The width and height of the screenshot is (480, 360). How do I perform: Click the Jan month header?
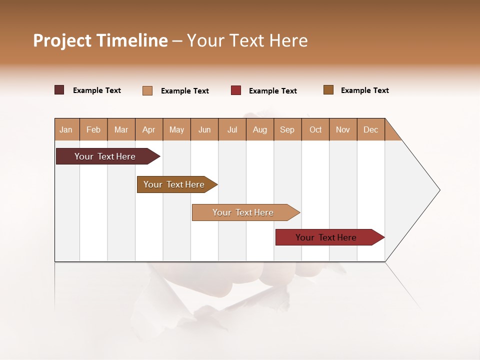[66, 129]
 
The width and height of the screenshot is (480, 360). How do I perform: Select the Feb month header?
[93, 129]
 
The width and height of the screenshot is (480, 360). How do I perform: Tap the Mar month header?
[121, 129]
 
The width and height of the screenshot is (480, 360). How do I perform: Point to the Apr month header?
[149, 129]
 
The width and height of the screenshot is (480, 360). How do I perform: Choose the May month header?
[176, 129]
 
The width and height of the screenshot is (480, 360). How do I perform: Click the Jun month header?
[204, 129]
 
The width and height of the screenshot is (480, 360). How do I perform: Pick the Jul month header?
[232, 129]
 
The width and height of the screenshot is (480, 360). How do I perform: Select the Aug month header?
[260, 129]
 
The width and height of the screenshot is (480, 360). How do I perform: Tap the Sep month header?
[287, 129]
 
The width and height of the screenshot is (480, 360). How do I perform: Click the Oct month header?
[315, 129]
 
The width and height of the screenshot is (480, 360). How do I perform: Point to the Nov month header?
[343, 129]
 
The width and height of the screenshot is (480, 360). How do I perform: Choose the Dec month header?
[370, 129]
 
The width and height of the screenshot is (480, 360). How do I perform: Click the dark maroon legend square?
[59, 90]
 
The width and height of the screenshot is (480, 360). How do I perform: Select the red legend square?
[236, 90]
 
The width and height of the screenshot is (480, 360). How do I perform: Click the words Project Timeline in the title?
[100, 40]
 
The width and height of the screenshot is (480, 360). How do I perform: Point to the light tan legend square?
[147, 90]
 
